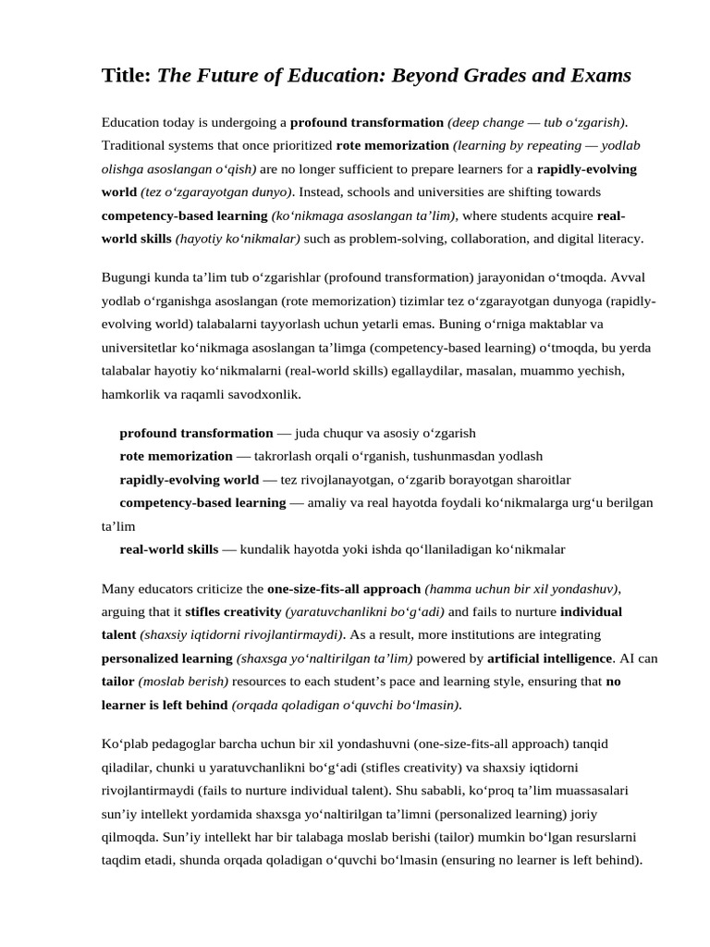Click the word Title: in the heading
pyautogui.click(x=126, y=76)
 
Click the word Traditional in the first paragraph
pyautogui.click(x=132, y=145)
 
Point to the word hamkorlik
pyautogui.click(x=129, y=394)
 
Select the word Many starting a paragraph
pyautogui.click(x=117, y=588)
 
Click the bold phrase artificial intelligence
pyautogui.click(x=549, y=658)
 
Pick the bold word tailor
pyautogui.click(x=117, y=682)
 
